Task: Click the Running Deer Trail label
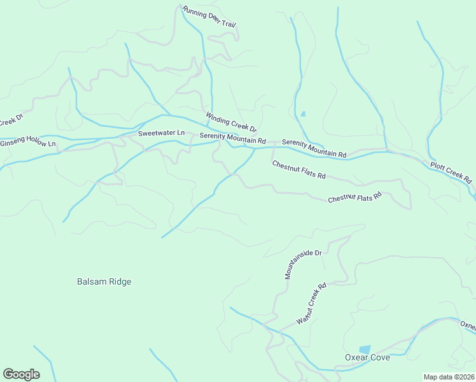click(x=209, y=17)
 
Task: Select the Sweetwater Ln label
click(x=161, y=133)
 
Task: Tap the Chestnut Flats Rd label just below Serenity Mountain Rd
click(x=298, y=169)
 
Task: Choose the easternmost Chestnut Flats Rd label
click(x=354, y=197)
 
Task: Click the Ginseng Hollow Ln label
click(x=28, y=143)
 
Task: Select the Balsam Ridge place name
click(x=104, y=281)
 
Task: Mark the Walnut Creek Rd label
click(x=311, y=303)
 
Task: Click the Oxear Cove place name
click(x=367, y=357)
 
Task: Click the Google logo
click(x=21, y=374)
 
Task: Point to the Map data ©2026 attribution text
click(x=449, y=377)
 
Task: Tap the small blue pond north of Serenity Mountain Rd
click(x=303, y=115)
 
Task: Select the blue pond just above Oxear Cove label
click(x=365, y=349)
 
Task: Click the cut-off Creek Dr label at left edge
click(x=11, y=120)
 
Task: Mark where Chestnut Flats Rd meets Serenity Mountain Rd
click(x=274, y=148)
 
